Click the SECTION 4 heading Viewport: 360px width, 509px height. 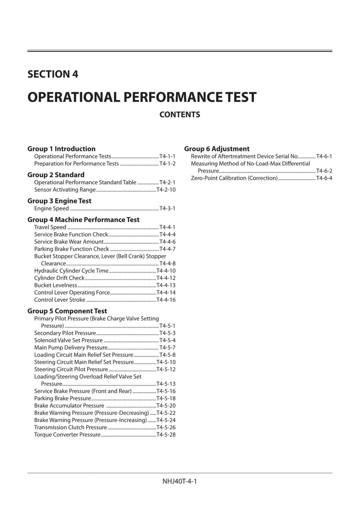[x=53, y=74]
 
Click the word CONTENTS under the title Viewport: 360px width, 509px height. [x=180, y=115]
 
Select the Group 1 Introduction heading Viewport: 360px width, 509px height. [x=62, y=149]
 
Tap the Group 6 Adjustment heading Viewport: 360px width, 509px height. [x=217, y=149]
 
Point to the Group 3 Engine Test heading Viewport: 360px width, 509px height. [x=59, y=201]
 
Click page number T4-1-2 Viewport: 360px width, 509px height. [x=167, y=164]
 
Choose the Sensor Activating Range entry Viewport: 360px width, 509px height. [x=65, y=190]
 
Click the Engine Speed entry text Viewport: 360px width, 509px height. [x=51, y=208]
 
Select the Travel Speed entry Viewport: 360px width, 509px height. [x=50, y=227]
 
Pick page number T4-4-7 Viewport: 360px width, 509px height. [x=167, y=249]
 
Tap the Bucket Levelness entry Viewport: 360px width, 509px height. [x=56, y=285]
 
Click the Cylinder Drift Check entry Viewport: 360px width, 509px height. [x=59, y=278]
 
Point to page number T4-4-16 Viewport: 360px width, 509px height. [x=166, y=300]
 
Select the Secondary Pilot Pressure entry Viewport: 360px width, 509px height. [x=65, y=333]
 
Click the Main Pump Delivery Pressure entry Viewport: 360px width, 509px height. [x=71, y=348]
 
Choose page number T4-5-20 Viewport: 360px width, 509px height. [x=166, y=406]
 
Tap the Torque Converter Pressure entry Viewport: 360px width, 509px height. [x=67, y=435]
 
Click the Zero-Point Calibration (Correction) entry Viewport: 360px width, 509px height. [x=234, y=178]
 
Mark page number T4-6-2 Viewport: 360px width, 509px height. [x=324, y=171]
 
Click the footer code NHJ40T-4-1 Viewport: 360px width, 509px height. [x=180, y=481]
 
